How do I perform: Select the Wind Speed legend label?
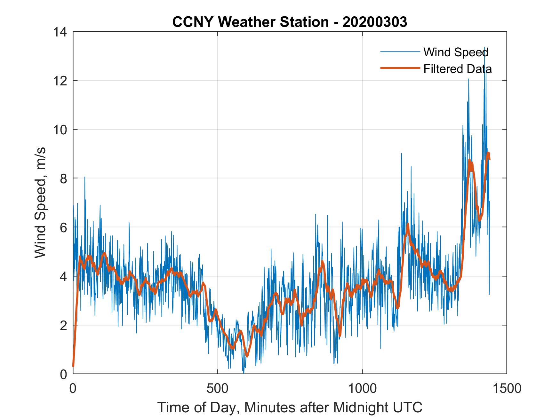tap(456, 52)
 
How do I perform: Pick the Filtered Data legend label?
tap(457, 69)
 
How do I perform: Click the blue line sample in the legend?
tap(400, 52)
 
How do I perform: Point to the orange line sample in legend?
tap(400, 68)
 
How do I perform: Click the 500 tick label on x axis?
tap(218, 388)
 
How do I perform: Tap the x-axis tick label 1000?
tap(363, 388)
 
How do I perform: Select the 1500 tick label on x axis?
tap(507, 388)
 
